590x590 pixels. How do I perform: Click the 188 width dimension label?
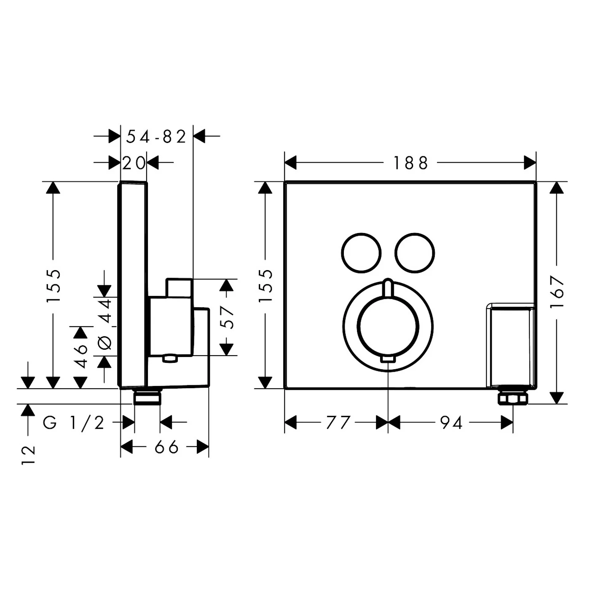(x=410, y=163)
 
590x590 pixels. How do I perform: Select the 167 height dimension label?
(x=557, y=292)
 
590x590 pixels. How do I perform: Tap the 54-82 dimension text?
(x=156, y=137)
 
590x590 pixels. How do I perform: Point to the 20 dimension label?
(x=134, y=163)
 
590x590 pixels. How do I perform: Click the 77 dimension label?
(x=338, y=422)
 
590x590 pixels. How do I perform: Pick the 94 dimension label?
(x=451, y=422)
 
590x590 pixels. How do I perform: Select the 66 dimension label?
(x=166, y=447)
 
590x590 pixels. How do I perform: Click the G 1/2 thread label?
(x=74, y=422)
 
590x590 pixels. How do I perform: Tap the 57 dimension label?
(x=227, y=317)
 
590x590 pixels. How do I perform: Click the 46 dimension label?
(x=80, y=355)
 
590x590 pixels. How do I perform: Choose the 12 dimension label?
(x=28, y=455)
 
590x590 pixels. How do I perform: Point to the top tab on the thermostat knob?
(x=388, y=289)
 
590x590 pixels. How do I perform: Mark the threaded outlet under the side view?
(x=147, y=397)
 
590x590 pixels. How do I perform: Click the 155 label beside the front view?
(x=265, y=285)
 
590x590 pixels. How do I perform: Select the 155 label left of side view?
(x=54, y=285)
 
